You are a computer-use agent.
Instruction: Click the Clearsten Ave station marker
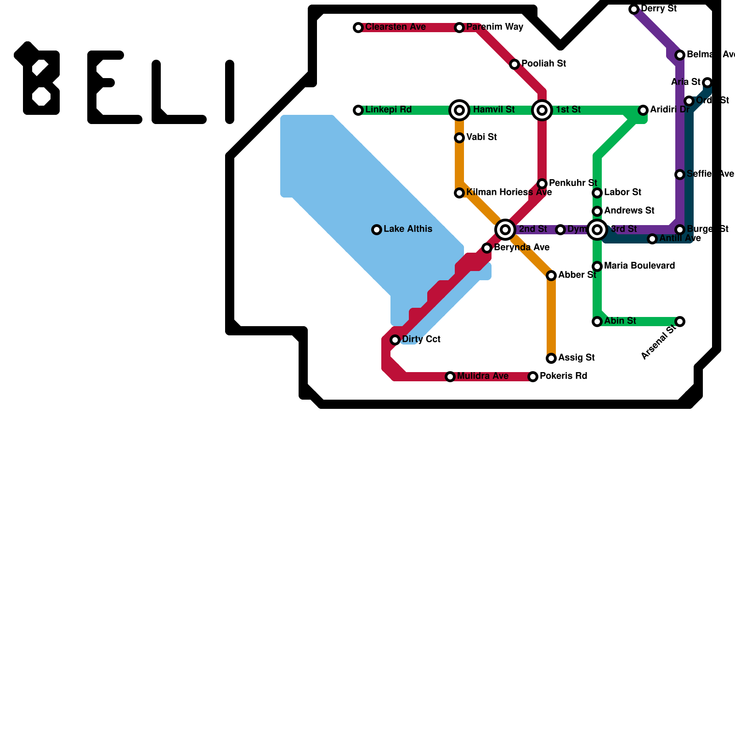tap(358, 28)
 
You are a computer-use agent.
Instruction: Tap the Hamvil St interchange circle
tap(459, 110)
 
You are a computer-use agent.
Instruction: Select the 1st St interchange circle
tap(542, 110)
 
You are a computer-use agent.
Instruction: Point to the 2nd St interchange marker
tap(505, 229)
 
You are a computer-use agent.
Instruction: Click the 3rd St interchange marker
tap(597, 229)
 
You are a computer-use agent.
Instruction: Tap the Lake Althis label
tap(408, 229)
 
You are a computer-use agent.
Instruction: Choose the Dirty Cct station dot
tap(395, 340)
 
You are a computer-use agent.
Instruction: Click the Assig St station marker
tap(551, 358)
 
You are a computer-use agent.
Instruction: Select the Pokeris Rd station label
tap(563, 376)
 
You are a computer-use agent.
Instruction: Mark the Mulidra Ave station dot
tap(450, 377)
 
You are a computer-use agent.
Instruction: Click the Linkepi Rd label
tap(388, 110)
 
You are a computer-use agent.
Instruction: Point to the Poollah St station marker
tap(514, 64)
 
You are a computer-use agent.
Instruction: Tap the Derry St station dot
tap(634, 9)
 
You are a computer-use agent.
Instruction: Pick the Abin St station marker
tap(597, 322)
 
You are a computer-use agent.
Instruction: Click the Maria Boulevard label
tap(639, 266)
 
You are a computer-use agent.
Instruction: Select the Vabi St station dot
tap(459, 138)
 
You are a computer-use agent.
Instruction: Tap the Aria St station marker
tap(707, 83)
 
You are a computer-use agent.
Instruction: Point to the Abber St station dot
tap(551, 276)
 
